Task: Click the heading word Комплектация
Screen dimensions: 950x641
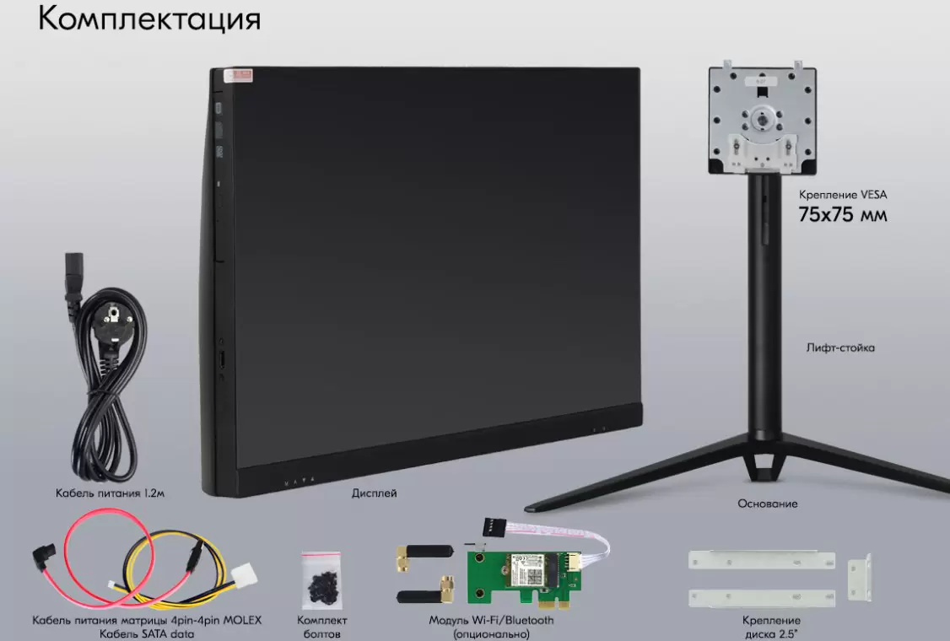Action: click(x=149, y=19)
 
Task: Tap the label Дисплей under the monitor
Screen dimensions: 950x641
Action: click(x=375, y=493)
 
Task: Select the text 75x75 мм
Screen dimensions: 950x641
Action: click(x=842, y=214)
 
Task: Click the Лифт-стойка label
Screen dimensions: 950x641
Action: click(x=840, y=347)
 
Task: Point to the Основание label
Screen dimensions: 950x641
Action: click(x=768, y=504)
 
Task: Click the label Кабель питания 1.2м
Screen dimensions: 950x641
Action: click(x=110, y=493)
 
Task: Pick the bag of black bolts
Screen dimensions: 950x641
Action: click(x=321, y=579)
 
